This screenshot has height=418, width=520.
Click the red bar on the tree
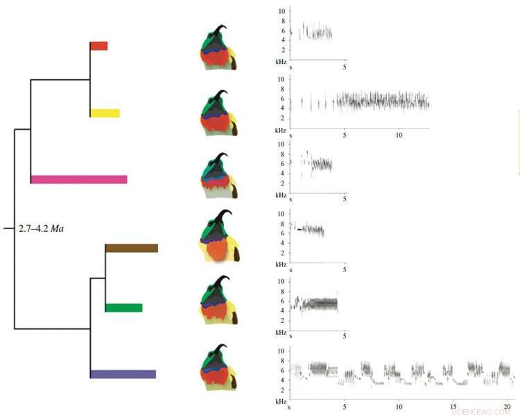[x=98, y=46]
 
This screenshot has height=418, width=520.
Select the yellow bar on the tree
[x=105, y=113]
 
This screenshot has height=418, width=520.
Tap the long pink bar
[x=79, y=179]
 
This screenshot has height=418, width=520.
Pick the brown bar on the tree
[x=132, y=248]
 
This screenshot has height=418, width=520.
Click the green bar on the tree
[x=123, y=308]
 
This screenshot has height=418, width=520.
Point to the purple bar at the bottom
[x=123, y=374]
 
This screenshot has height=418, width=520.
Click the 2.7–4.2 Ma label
[x=40, y=228]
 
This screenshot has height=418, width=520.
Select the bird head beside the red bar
[x=220, y=49]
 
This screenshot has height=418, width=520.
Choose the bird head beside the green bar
[x=220, y=303]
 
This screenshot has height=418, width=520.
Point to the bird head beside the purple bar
[x=220, y=368]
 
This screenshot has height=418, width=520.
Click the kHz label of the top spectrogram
[x=280, y=62]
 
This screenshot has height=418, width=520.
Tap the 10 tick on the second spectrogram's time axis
[x=399, y=134]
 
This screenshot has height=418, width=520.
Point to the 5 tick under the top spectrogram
[x=345, y=67]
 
